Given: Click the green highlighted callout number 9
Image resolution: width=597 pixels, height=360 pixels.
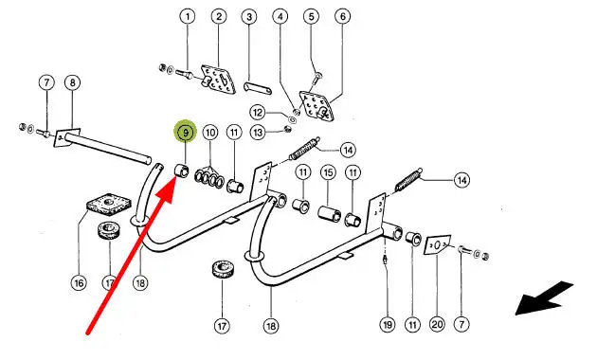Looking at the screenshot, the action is pos(186,132).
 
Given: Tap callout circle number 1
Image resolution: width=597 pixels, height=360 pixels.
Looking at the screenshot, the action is pos(188,17).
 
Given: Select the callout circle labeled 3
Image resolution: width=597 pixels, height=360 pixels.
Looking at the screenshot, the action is pos(249,17).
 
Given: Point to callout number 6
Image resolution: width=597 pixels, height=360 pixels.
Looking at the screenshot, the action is pos(343,16).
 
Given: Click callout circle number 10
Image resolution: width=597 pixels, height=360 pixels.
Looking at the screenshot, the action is pos(210,133).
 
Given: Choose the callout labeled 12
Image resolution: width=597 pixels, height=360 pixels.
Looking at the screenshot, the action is pos(258,112).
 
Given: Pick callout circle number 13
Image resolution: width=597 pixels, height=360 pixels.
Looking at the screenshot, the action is pos(258,133).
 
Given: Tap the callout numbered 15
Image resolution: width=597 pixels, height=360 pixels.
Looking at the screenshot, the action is pos(328,172).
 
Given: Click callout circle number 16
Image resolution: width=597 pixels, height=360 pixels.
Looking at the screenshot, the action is pos(79,283).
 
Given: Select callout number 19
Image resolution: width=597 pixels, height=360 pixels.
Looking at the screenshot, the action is pos(388,325).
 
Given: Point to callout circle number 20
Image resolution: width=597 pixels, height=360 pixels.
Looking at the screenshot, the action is pos(437,324).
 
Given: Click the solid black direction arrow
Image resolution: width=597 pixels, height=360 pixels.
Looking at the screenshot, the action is pos(544,298).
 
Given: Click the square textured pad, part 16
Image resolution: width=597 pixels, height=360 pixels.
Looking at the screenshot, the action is pos(109,205).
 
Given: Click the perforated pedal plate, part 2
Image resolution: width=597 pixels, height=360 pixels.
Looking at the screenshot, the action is pos(218,80).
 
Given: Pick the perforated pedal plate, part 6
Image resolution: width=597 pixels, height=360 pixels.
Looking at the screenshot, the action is pos(317,106).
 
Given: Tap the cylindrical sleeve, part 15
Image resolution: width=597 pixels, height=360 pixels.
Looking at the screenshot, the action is pos(330,213).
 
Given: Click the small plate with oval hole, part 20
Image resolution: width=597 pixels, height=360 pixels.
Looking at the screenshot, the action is pos(437,244).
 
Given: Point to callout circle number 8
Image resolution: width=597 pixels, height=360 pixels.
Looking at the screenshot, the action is pos(73,82).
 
